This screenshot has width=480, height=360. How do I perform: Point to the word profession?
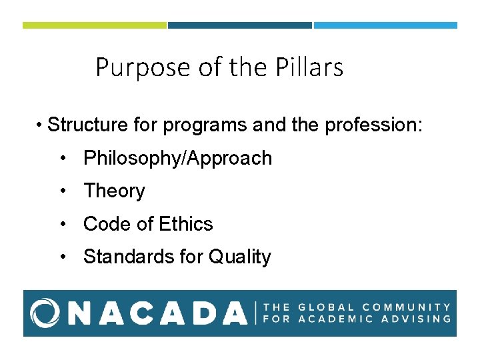tap(374, 125)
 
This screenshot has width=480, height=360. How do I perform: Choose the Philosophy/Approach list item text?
tap(177, 158)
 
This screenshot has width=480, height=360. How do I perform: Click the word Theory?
tap(114, 191)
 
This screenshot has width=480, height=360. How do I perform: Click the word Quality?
tap(240, 257)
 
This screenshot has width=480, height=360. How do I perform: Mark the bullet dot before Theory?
tap(61, 191)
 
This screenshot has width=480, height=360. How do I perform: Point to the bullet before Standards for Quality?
tap(61, 257)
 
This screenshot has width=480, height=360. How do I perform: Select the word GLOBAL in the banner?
tap(325, 307)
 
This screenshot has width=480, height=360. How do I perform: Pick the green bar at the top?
tap(94, 25)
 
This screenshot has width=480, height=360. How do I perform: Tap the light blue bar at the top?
tap(385, 25)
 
